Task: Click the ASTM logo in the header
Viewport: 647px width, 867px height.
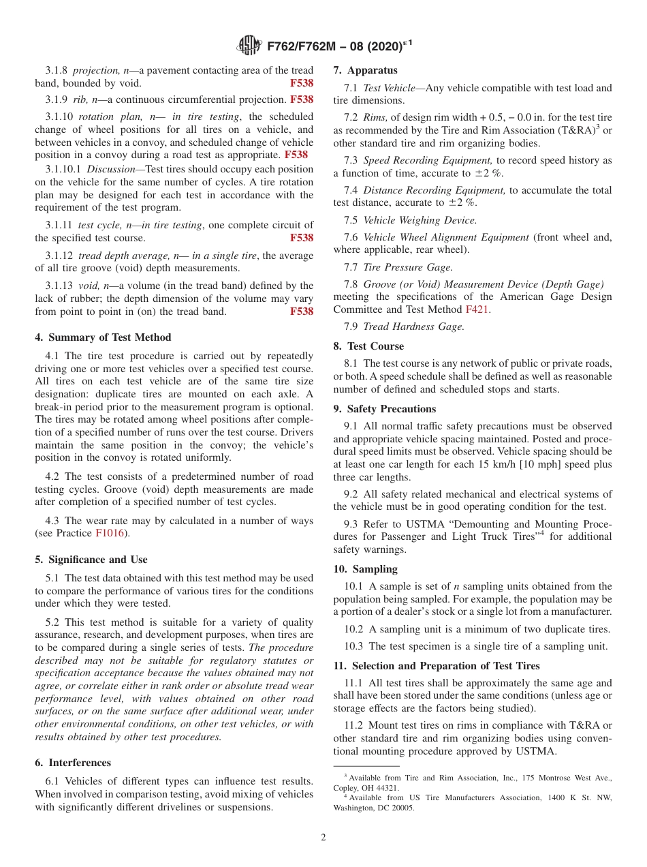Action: click(x=249, y=46)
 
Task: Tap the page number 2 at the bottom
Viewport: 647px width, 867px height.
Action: click(x=323, y=838)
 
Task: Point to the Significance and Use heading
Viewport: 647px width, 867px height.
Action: click(x=91, y=560)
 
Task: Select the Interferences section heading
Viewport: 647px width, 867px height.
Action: click(x=73, y=763)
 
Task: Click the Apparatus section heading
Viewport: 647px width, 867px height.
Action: click(x=365, y=70)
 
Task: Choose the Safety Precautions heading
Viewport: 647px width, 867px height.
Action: click(x=384, y=409)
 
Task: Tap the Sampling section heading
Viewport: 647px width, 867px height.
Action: click(x=365, y=569)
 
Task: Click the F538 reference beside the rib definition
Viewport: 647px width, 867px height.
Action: click(x=302, y=100)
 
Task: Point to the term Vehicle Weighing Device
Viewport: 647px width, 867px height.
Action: click(x=420, y=219)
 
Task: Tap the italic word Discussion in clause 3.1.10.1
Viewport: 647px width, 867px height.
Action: click(x=111, y=169)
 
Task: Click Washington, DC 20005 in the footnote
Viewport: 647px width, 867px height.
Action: click(x=373, y=808)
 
